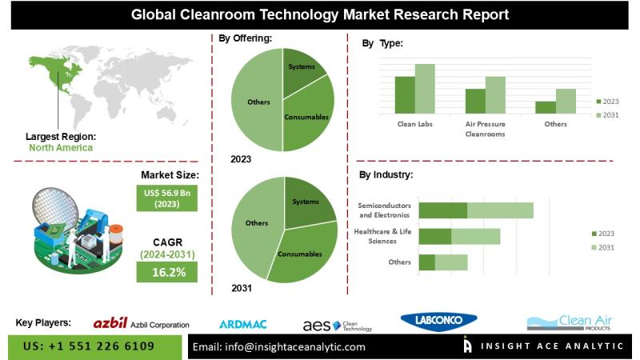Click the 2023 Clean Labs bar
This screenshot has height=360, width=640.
[404, 94]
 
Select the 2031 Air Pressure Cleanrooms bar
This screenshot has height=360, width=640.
[495, 94]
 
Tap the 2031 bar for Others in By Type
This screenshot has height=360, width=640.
[566, 101]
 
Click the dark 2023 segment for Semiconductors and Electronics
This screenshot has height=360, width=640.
[442, 210]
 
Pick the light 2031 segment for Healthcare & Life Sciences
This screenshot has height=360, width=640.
[475, 236]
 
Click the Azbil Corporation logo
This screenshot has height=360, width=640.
[141, 324]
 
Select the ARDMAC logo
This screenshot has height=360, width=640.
[242, 324]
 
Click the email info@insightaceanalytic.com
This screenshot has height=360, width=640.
[280, 346]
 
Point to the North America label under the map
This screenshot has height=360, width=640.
[61, 147]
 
